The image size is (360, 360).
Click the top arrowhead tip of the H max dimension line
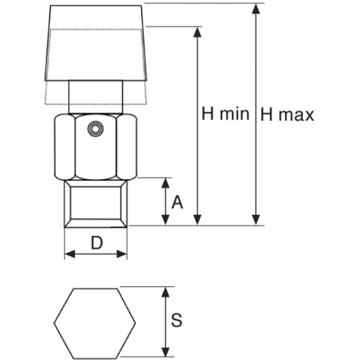click(256, 4)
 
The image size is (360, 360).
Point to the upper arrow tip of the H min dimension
click(197, 27)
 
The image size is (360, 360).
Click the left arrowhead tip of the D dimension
click(65, 254)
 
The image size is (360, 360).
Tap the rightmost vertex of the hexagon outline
click(135, 323)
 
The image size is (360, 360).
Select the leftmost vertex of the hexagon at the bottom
click(54, 323)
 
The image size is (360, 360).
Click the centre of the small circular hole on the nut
click(95, 129)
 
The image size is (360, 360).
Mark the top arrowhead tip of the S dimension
click(165, 287)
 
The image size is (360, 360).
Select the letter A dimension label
click(177, 202)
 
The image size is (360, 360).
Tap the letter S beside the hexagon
click(176, 320)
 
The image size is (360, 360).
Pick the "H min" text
click(225, 114)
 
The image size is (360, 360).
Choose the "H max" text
click(287, 115)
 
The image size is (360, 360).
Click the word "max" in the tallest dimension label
click(296, 116)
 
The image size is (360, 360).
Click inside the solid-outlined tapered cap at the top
click(96, 43)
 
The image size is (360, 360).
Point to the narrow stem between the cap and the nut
click(96, 97)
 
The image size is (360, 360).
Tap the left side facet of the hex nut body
click(65, 147)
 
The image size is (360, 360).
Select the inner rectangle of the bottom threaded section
click(96, 203)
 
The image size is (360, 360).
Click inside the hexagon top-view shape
click(95, 323)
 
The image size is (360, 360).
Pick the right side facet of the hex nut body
click(127, 147)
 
